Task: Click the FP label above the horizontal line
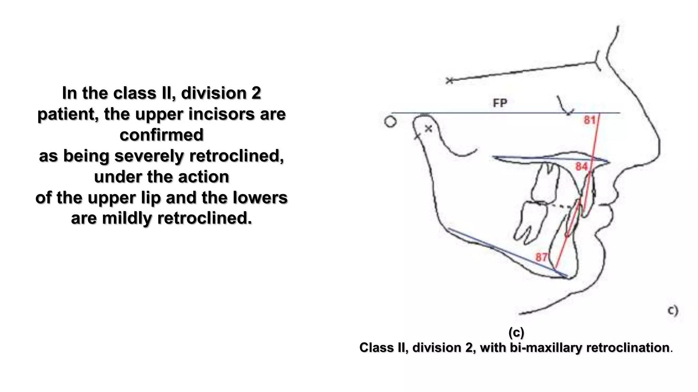pyautogui.click(x=500, y=103)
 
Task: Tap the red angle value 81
pyautogui.click(x=590, y=120)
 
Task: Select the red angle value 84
pyautogui.click(x=581, y=166)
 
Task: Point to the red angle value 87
pyautogui.click(x=541, y=257)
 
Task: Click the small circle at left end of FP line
pyautogui.click(x=390, y=122)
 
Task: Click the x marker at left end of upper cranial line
pyautogui.click(x=450, y=81)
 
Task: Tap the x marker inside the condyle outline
pyautogui.click(x=428, y=129)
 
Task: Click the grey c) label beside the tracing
pyautogui.click(x=672, y=310)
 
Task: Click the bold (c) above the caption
pyautogui.click(x=516, y=332)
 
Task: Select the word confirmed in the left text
pyautogui.click(x=162, y=135)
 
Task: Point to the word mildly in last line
pyautogui.click(x=127, y=218)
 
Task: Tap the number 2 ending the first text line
pyautogui.click(x=256, y=93)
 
